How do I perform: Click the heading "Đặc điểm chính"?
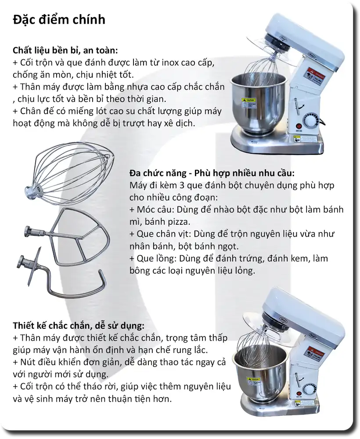(x=59, y=20)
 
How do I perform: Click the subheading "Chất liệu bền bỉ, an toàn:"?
(x=65, y=50)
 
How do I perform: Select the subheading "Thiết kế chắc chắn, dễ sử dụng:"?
(x=79, y=326)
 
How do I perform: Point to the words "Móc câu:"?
(x=154, y=209)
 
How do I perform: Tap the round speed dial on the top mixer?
(x=312, y=120)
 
